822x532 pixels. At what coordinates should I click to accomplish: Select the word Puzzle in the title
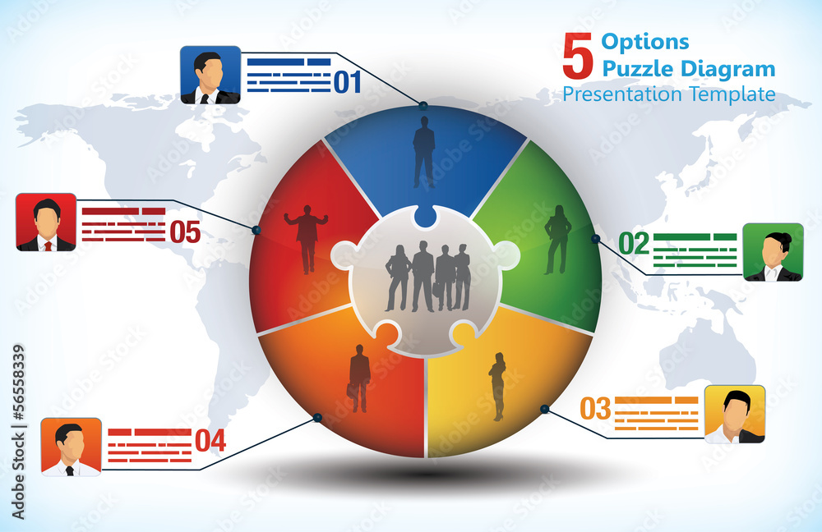pyautogui.click(x=640, y=69)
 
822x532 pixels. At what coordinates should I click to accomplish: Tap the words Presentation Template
pyautogui.click(x=668, y=94)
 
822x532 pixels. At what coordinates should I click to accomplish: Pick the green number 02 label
pyautogui.click(x=634, y=243)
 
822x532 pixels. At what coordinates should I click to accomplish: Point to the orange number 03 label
pyautogui.click(x=595, y=408)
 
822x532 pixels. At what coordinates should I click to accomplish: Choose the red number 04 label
pyautogui.click(x=210, y=441)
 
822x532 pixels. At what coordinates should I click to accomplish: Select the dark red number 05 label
pyautogui.click(x=185, y=232)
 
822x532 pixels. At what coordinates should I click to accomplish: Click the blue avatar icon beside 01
pyautogui.click(x=210, y=75)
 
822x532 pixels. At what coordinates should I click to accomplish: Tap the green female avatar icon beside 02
pyautogui.click(x=773, y=252)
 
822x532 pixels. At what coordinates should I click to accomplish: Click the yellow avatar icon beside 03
pyautogui.click(x=735, y=415)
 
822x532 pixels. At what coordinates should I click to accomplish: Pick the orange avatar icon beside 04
pyautogui.click(x=72, y=447)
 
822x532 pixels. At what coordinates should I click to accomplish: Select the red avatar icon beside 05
pyautogui.click(x=46, y=222)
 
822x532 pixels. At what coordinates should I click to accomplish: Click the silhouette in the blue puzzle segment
pyautogui.click(x=424, y=151)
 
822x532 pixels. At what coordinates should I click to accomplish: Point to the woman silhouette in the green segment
pyautogui.click(x=558, y=239)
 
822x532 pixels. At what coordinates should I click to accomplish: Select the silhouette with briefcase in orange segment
pyautogui.click(x=358, y=378)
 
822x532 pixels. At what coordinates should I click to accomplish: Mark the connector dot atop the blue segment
pyautogui.click(x=423, y=106)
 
